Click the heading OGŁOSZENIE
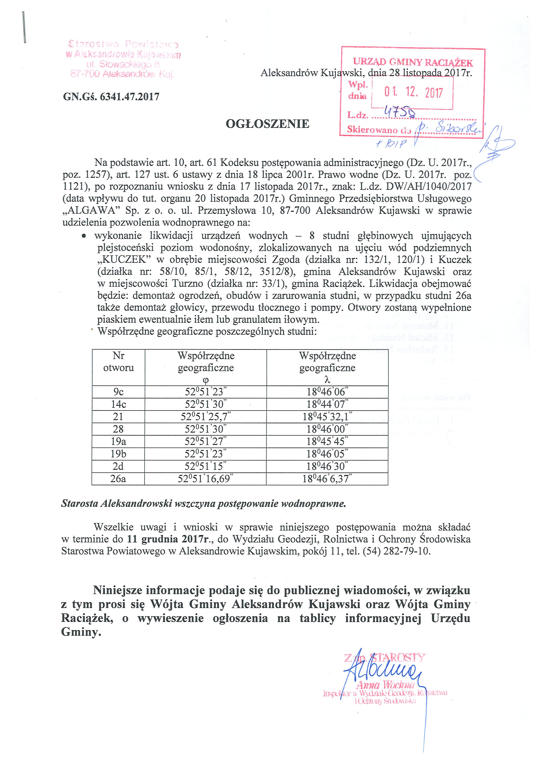[267, 124]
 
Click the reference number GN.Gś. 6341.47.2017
[111, 97]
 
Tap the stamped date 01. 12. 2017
[413, 93]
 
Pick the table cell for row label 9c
[118, 392]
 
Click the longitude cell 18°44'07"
[327, 404]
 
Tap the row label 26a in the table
[118, 479]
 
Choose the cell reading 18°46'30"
[327, 466]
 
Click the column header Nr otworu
[118, 362]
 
